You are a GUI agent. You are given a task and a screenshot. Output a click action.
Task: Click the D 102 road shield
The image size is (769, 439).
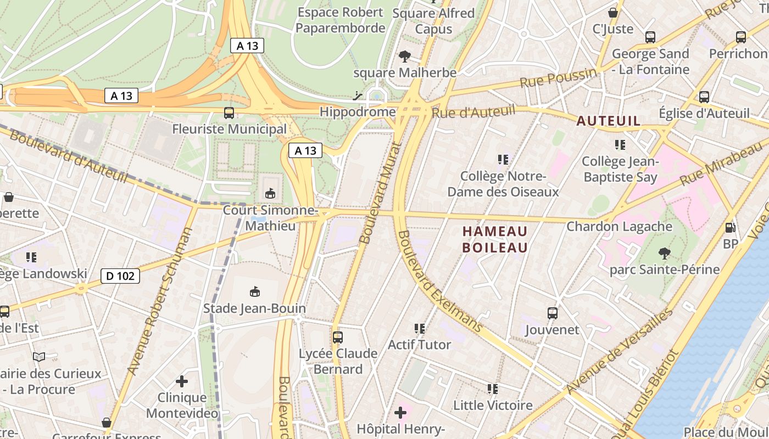pos(120,276)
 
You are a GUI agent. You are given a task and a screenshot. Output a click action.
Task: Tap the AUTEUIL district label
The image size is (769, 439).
pos(608,121)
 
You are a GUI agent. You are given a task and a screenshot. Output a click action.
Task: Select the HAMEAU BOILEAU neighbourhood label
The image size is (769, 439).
pos(495,239)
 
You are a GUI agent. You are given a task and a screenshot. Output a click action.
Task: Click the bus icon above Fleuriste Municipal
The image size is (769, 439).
pos(229,113)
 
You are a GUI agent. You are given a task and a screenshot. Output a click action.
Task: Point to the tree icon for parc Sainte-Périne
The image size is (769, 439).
pos(664,254)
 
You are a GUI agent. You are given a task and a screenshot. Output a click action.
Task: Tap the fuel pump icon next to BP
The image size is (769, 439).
pos(731,227)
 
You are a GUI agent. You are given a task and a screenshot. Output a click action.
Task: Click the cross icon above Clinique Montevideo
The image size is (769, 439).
pos(182,381)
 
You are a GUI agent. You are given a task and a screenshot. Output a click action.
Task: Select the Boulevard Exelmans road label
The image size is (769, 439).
pos(439,282)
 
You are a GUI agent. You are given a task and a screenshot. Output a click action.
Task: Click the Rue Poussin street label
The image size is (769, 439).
pos(558,78)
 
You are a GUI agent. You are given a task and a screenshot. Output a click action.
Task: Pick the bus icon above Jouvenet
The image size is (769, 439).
pos(553,313)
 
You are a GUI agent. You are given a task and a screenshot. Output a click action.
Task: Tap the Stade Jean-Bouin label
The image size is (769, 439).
pos(254,308)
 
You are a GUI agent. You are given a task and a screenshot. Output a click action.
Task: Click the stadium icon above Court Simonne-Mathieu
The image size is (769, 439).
pos(270,193)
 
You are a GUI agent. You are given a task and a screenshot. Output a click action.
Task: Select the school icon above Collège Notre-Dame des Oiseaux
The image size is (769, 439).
pos(503,160)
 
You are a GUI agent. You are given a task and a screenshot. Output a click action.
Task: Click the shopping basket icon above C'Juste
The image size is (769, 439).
pos(613,13)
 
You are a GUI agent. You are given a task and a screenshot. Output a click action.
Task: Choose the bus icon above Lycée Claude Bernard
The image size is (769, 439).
pos(338,337)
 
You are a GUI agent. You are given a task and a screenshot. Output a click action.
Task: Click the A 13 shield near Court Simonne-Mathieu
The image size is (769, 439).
pos(305,150)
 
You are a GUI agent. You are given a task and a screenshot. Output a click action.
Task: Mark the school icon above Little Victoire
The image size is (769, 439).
pos(493,389)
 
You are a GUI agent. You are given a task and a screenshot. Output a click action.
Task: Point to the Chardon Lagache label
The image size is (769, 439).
pos(619,226)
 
